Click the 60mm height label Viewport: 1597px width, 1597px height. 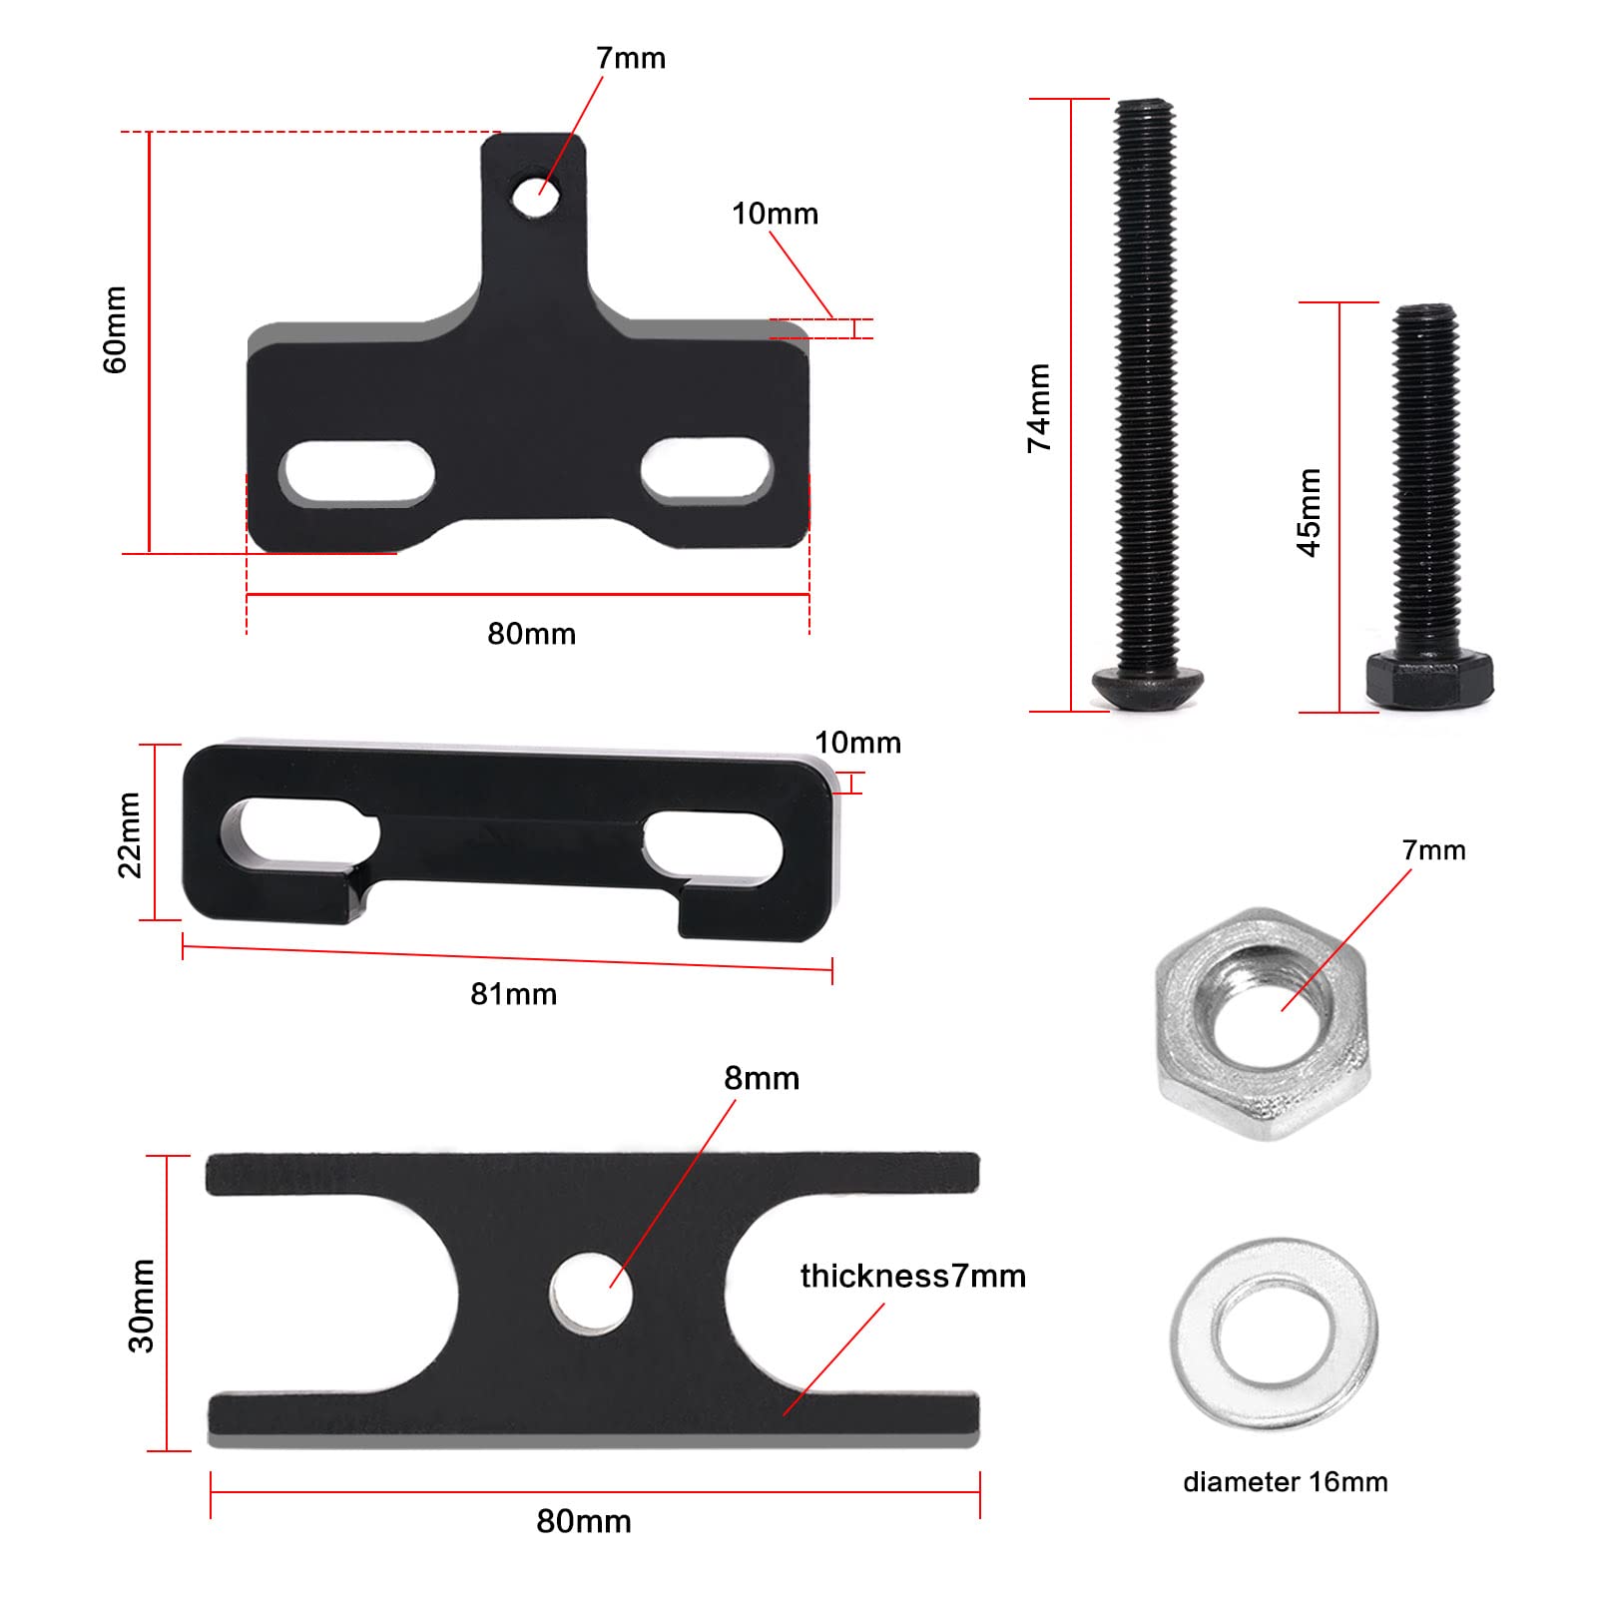[116, 329]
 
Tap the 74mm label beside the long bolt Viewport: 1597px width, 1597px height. [1039, 407]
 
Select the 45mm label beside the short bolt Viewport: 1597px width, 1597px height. [1309, 512]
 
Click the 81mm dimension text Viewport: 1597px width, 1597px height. [513, 994]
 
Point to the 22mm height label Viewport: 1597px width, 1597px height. [131, 834]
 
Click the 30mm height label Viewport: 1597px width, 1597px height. [142, 1306]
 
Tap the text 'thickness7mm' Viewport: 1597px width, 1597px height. [912, 1276]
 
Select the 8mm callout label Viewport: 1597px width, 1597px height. [762, 1078]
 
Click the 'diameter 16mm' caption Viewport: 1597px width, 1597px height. [1285, 1482]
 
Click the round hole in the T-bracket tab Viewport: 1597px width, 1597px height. [536, 194]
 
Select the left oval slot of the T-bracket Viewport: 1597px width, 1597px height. [358, 472]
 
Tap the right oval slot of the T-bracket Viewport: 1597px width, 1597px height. [707, 469]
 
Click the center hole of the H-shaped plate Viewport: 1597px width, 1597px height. [591, 1294]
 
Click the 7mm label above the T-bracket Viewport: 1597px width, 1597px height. [631, 58]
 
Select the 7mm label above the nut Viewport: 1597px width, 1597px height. [1433, 850]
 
